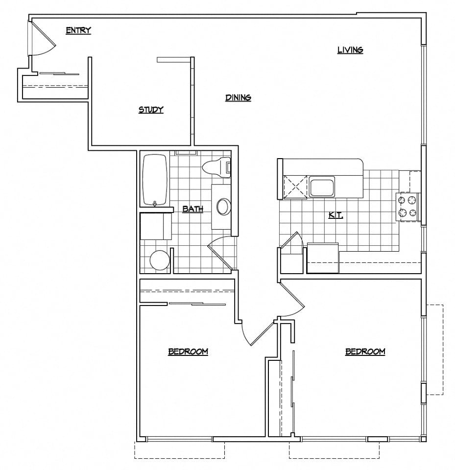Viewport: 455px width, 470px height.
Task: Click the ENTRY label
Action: coord(78,31)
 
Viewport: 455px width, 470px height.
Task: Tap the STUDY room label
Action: coord(151,110)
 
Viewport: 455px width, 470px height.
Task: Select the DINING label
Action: coord(238,98)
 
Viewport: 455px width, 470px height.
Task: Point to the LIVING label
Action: coord(350,50)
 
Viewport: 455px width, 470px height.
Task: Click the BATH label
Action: coord(193,210)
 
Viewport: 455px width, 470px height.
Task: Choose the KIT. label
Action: coord(335,215)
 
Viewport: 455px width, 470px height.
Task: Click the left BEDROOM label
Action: coord(188,352)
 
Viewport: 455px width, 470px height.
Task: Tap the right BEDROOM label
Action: coord(365,352)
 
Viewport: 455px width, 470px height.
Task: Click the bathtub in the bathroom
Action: coord(156,180)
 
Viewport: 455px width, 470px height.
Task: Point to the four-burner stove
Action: coord(408,206)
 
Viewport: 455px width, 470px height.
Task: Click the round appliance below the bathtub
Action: coord(160,260)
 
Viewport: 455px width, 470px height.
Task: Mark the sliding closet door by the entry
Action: coord(59,74)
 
